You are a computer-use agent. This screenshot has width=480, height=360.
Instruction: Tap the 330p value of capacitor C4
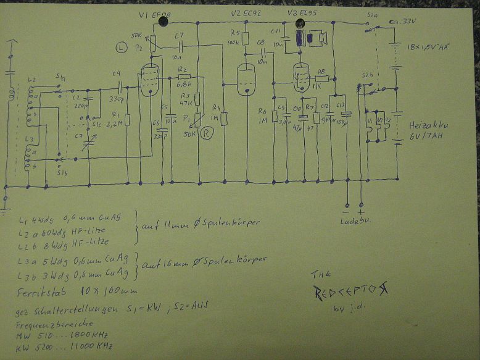point(117,98)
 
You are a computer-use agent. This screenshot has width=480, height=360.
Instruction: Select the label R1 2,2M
point(116,117)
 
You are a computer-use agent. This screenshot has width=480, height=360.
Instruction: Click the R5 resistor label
point(234,33)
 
